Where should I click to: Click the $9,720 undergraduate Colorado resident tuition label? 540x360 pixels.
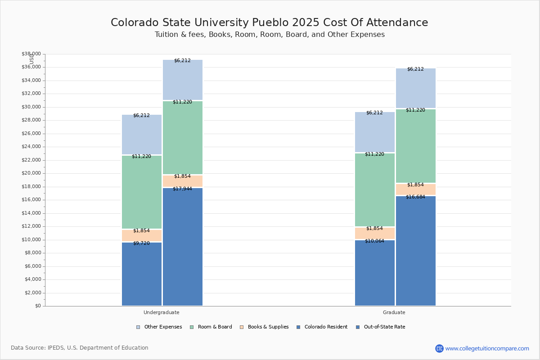(x=141, y=243)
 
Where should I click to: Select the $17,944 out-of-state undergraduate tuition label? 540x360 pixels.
(x=182, y=189)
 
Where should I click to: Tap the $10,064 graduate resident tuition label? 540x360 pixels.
(x=374, y=241)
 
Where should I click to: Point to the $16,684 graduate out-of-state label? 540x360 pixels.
(x=415, y=197)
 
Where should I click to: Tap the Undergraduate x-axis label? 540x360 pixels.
(x=162, y=312)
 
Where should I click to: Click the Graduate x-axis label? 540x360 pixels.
(x=394, y=312)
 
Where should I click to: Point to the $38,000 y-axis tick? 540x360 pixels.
(x=31, y=54)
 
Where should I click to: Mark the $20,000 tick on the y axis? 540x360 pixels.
(x=31, y=173)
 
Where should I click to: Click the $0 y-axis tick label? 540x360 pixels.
(x=37, y=306)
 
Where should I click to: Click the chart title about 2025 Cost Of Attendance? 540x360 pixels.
(x=270, y=22)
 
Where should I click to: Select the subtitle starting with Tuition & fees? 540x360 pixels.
(x=270, y=35)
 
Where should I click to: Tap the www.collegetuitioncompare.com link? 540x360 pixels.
(x=487, y=348)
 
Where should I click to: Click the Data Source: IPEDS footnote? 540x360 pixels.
(x=80, y=348)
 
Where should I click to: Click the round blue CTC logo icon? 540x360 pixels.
(x=439, y=348)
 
